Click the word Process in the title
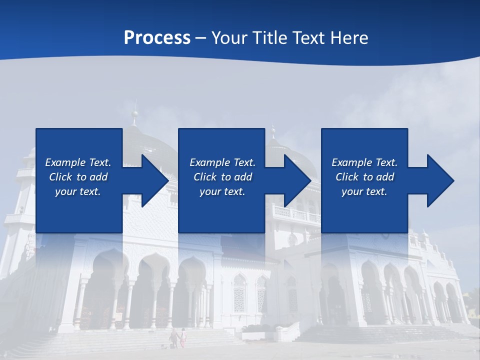pos(157,38)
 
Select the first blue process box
pos(78,150)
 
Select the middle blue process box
pos(221,150)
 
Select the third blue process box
pos(364,150)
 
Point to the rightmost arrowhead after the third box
pos(440,180)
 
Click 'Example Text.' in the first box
pos(78,162)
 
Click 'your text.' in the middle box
pos(222,191)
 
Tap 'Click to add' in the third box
pos(364,177)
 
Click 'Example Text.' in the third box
pos(364,162)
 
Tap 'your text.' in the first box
pos(78,191)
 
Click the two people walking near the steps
pos(178,338)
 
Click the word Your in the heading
pos(229,38)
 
